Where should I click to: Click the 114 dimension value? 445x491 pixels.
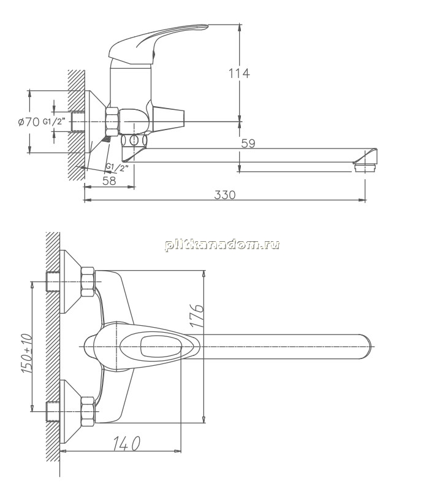(239, 73)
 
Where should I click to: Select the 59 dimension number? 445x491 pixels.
(248, 144)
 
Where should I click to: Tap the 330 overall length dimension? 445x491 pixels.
(225, 195)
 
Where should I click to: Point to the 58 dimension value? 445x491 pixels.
(109, 180)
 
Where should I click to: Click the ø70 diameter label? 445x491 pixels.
(28, 122)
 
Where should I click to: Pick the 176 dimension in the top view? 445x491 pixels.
(197, 315)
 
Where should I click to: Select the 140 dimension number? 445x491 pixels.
(126, 443)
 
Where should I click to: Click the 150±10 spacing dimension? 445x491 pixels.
(27, 354)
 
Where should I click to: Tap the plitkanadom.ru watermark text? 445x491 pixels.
(222, 244)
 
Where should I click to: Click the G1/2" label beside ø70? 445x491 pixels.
(55, 121)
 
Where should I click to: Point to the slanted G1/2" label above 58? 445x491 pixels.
(117, 168)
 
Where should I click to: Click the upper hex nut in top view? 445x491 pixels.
(88, 282)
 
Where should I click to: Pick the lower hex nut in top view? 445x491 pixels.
(88, 412)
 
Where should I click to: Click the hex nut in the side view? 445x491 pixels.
(113, 121)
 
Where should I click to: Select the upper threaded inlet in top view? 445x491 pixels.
(52, 282)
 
